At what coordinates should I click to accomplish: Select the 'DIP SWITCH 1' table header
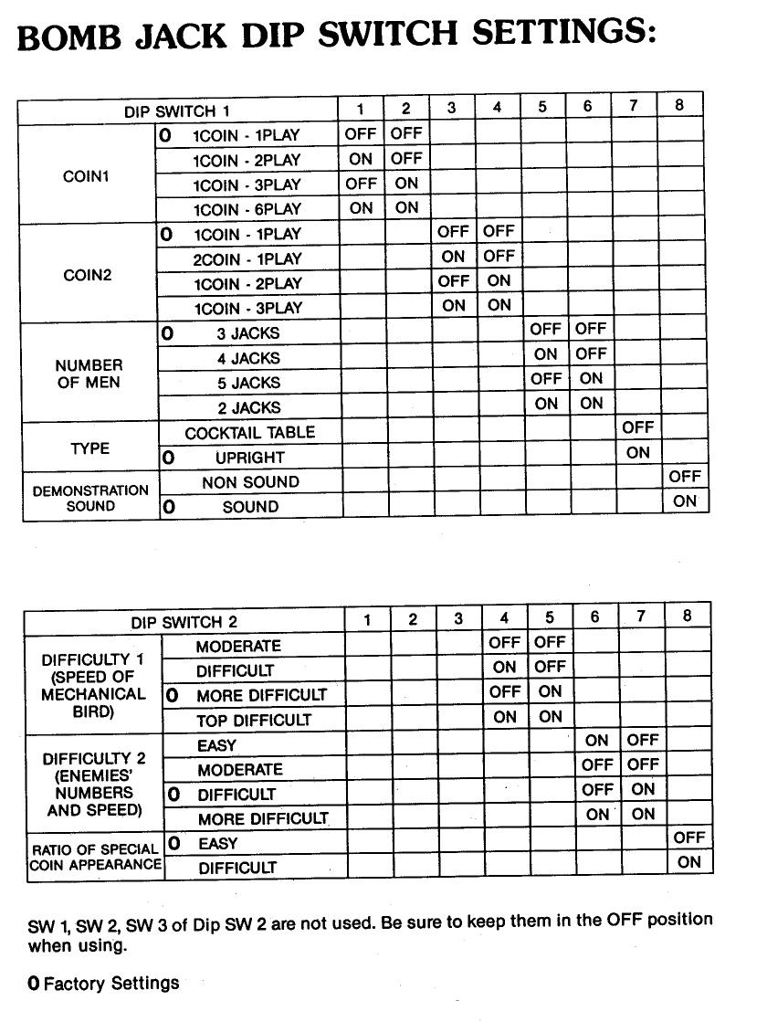click(x=177, y=111)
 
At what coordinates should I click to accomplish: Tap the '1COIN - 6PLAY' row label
click(x=247, y=209)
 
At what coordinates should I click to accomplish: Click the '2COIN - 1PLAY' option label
click(x=247, y=259)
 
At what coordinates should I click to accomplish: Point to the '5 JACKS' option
click(x=248, y=383)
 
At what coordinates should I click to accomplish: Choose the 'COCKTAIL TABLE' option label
click(x=249, y=432)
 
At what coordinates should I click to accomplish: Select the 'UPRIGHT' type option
click(x=250, y=457)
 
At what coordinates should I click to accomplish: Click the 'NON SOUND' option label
click(x=250, y=482)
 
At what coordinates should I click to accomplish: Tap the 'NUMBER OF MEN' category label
click(x=89, y=374)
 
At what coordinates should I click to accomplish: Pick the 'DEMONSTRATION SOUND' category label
click(x=90, y=498)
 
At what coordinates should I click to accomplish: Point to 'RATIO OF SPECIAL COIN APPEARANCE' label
click(x=95, y=857)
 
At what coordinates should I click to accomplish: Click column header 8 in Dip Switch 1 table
click(x=679, y=105)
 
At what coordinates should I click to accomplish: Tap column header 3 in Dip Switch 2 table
click(x=458, y=619)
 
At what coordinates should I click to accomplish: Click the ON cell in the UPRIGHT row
click(x=638, y=452)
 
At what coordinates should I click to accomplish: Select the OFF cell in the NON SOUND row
click(x=684, y=476)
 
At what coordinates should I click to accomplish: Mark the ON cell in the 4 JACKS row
click(x=546, y=354)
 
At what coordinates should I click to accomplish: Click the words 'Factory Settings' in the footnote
click(x=111, y=983)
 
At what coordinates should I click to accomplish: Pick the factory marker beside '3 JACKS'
click(x=167, y=334)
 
